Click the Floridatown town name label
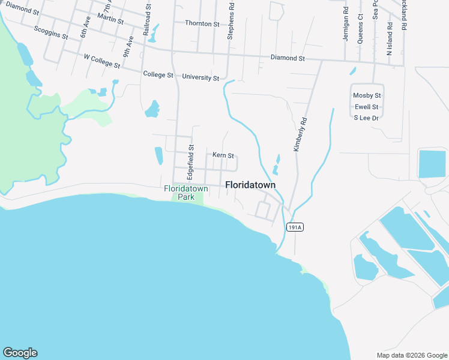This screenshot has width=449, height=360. pyautogui.click(x=250, y=185)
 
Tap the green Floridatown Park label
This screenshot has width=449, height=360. pyautogui.click(x=186, y=192)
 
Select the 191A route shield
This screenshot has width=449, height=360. pyautogui.click(x=294, y=227)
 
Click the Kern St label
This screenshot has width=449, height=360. pyautogui.click(x=223, y=155)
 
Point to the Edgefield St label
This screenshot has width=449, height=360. pyautogui.click(x=191, y=159)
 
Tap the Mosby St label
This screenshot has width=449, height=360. pyautogui.click(x=367, y=95)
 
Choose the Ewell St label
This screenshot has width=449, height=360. pyautogui.click(x=367, y=107)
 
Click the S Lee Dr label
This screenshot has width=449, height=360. pyautogui.click(x=367, y=118)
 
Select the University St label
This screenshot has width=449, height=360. pyautogui.click(x=200, y=77)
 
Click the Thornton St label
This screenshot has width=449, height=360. pyautogui.click(x=202, y=23)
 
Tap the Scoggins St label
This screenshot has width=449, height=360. pyautogui.click(x=51, y=32)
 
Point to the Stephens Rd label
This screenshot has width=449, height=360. pyautogui.click(x=230, y=25)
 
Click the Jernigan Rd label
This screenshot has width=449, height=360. pyautogui.click(x=346, y=24)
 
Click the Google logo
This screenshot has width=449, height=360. pyautogui.click(x=20, y=353)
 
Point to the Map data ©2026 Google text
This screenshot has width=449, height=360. pyautogui.click(x=411, y=355)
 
